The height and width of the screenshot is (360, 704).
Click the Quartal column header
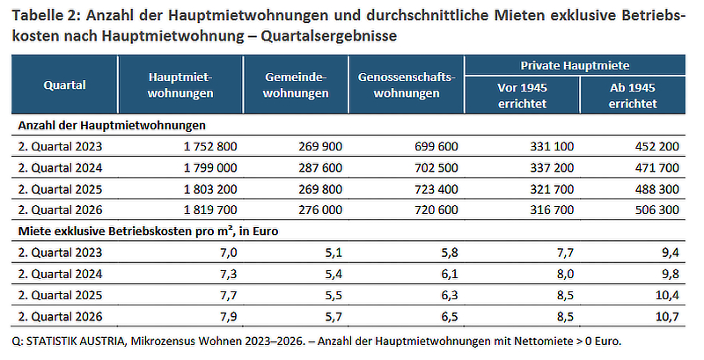(x=64, y=84)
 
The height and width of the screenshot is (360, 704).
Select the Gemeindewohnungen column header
(x=296, y=84)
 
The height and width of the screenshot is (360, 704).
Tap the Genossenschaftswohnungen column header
(x=407, y=84)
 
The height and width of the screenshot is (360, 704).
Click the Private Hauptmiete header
(x=575, y=65)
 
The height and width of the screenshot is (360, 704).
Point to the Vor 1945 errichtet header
(x=522, y=96)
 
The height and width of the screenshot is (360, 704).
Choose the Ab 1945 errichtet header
(x=633, y=96)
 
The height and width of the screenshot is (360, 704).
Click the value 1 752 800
(x=210, y=146)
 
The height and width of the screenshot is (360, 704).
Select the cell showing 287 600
(x=320, y=168)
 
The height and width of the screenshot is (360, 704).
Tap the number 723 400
(x=436, y=189)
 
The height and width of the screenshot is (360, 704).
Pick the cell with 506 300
(x=656, y=209)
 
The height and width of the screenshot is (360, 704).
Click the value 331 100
(x=552, y=146)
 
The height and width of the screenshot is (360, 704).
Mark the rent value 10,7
(x=667, y=317)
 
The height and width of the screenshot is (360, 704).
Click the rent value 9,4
(x=671, y=253)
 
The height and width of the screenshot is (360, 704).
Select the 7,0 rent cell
(x=229, y=253)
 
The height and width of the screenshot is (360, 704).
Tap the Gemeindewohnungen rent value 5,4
(x=334, y=274)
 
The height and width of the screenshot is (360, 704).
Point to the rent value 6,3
(x=450, y=295)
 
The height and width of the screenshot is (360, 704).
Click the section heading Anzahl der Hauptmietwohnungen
(x=112, y=125)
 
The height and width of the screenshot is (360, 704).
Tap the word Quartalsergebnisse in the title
(x=328, y=35)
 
